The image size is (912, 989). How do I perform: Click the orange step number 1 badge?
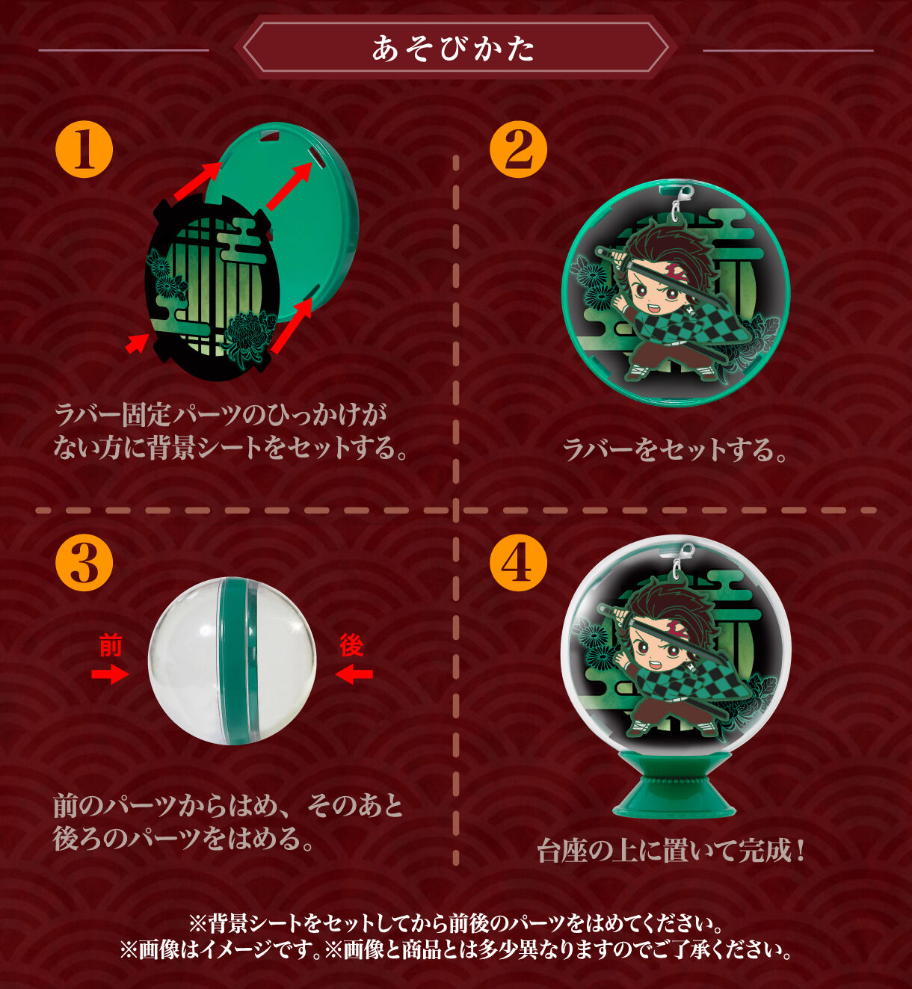tap(84, 150)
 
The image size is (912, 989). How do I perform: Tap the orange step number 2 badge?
tap(519, 150)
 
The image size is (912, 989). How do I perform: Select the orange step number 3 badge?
tap(84, 563)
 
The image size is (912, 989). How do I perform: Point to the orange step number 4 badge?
tap(519, 563)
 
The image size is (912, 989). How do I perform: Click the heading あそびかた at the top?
tap(454, 49)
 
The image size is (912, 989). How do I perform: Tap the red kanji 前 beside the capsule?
tap(111, 645)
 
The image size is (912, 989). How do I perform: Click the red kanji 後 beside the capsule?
tap(351, 645)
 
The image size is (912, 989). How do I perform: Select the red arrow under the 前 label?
tap(110, 674)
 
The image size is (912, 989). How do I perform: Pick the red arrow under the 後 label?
tap(354, 674)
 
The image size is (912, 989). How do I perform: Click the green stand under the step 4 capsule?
tap(675, 786)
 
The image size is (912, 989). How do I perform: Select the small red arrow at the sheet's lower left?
tap(136, 344)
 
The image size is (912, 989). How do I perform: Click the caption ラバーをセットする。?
tap(674, 450)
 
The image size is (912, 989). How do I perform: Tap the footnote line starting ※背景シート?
tap(455, 924)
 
